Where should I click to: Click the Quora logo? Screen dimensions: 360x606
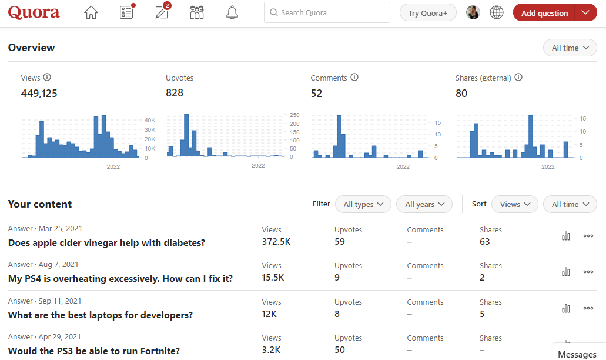click(x=34, y=12)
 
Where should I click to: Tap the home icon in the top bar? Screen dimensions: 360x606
click(x=91, y=12)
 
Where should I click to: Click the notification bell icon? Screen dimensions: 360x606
click(x=232, y=12)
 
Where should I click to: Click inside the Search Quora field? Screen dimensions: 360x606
click(x=327, y=12)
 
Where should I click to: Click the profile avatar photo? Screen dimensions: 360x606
click(x=473, y=12)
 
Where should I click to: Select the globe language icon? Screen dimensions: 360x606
click(x=497, y=12)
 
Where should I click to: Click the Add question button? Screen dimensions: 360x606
click(x=544, y=13)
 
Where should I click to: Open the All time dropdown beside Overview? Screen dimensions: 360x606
click(x=570, y=48)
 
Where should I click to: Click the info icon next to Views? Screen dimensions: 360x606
click(x=48, y=77)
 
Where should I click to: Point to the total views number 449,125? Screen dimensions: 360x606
click(x=39, y=93)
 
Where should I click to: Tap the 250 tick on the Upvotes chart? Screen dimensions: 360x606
click(x=294, y=115)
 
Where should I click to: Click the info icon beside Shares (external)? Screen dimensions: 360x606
click(x=518, y=77)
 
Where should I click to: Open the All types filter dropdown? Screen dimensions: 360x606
click(x=363, y=204)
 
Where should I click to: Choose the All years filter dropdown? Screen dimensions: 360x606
click(x=424, y=204)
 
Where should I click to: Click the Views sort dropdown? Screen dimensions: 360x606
click(x=514, y=204)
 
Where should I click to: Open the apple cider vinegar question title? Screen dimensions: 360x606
click(x=106, y=242)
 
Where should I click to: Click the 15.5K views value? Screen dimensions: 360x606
click(x=273, y=278)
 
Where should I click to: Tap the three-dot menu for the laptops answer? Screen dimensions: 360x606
click(x=588, y=308)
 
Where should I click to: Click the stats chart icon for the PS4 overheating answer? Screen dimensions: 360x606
click(x=566, y=272)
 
